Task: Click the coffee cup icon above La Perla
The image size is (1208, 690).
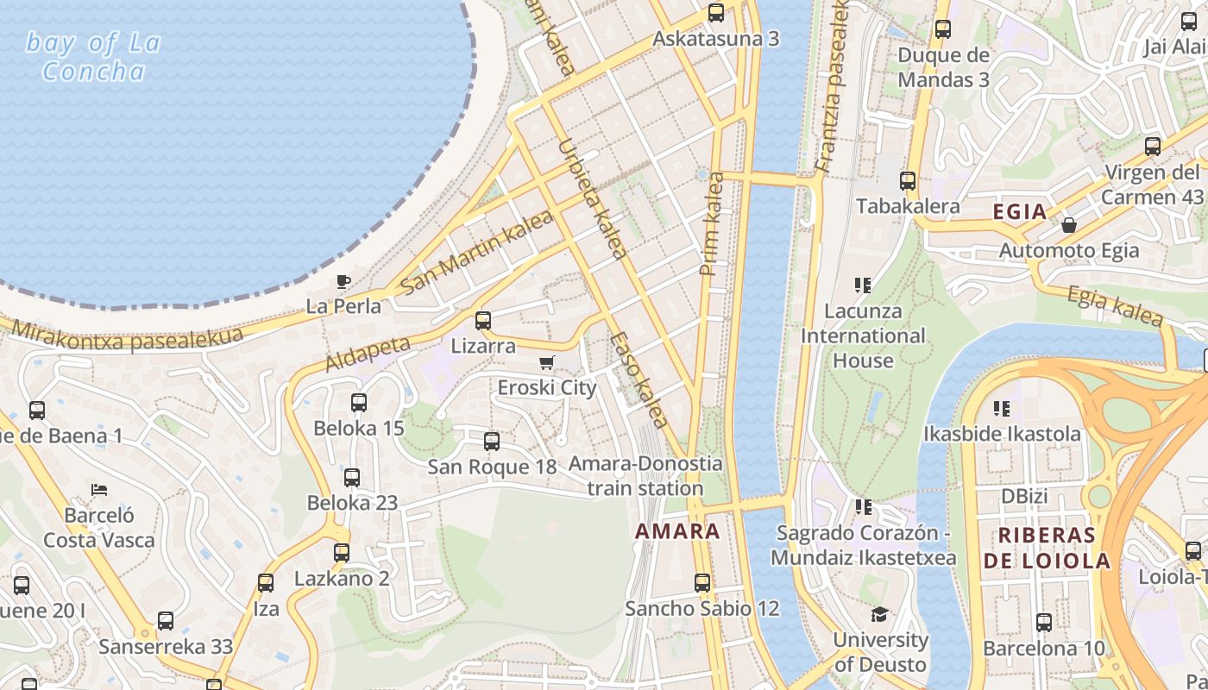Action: [x=343, y=280]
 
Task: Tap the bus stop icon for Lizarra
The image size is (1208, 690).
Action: [x=483, y=321]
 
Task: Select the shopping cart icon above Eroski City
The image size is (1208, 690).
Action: [x=546, y=362]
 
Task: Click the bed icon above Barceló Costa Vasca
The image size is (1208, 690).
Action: [x=99, y=490]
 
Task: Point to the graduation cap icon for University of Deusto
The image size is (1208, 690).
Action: [x=879, y=614]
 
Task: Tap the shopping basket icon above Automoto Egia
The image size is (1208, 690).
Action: [x=1068, y=225]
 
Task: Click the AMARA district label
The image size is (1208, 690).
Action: [x=677, y=531]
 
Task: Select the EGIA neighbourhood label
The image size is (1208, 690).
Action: [x=1020, y=212]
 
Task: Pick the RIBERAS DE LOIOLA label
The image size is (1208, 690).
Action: [x=1047, y=548]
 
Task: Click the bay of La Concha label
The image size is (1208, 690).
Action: [x=93, y=57]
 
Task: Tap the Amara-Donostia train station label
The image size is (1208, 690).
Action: [x=645, y=476]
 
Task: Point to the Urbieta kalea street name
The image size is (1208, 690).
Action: [x=593, y=198]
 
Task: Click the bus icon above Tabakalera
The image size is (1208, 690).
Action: [x=908, y=181]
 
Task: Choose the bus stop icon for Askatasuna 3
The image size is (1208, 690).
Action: [x=715, y=13]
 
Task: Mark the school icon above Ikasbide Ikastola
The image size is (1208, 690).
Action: [x=1001, y=407]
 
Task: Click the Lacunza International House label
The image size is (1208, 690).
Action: [x=863, y=336]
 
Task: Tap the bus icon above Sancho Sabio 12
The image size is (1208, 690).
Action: [x=702, y=583]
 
